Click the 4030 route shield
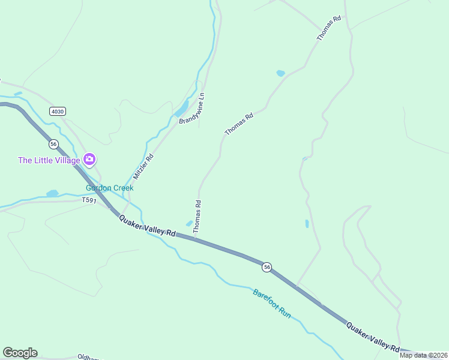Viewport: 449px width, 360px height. pyautogui.click(x=58, y=111)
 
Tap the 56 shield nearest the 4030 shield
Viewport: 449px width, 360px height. pyautogui.click(x=53, y=144)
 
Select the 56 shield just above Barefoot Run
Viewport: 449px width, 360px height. pyautogui.click(x=267, y=266)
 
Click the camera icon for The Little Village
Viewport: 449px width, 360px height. pyautogui.click(x=89, y=159)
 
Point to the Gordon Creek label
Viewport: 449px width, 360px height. pyautogui.click(x=109, y=188)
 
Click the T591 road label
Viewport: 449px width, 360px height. pyautogui.click(x=89, y=200)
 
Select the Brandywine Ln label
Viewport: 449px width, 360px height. pyautogui.click(x=192, y=109)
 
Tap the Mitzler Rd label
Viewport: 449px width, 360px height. pyautogui.click(x=143, y=167)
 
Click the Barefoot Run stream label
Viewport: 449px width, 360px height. pyautogui.click(x=272, y=303)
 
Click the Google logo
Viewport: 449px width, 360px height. pyautogui.click(x=20, y=353)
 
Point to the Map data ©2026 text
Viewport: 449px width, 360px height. pyautogui.click(x=424, y=355)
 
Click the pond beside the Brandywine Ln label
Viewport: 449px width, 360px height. pyautogui.click(x=181, y=110)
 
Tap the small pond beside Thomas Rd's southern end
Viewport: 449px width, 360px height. pyautogui.click(x=189, y=224)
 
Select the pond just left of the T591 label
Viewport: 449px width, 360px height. pyautogui.click(x=53, y=193)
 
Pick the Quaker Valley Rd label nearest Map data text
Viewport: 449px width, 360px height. pyautogui.click(x=373, y=337)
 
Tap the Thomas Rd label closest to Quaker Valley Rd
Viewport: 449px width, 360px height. pyautogui.click(x=197, y=217)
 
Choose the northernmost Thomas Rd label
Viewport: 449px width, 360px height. pyautogui.click(x=329, y=28)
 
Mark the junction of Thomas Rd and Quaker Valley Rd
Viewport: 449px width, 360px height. pyautogui.click(x=194, y=238)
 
